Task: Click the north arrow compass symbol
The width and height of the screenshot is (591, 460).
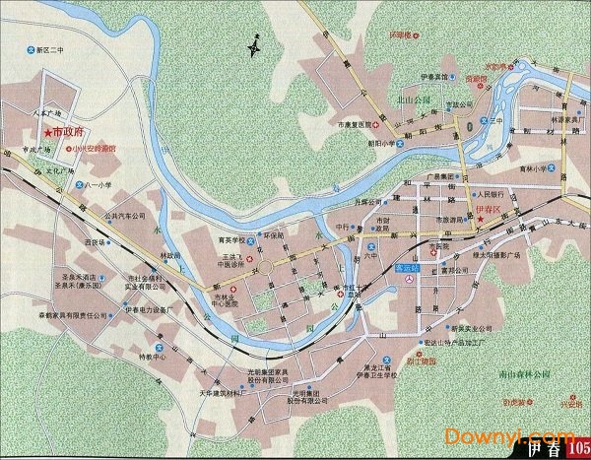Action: click(255, 45)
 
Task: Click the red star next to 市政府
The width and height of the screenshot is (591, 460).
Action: click(44, 132)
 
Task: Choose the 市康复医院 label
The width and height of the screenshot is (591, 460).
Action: click(355, 125)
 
